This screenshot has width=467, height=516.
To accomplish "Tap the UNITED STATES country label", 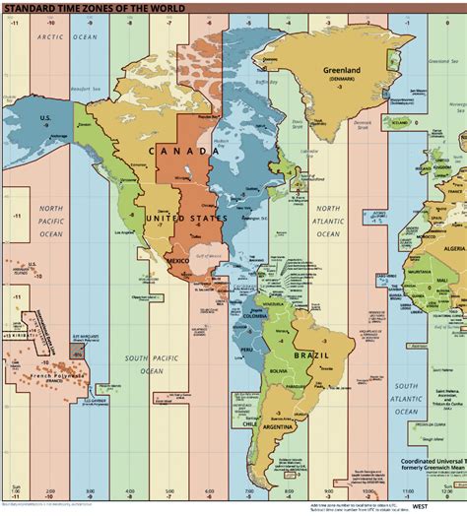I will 186,218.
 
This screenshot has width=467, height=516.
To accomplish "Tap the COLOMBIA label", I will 259,317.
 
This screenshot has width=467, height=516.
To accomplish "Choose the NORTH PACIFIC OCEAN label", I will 51,222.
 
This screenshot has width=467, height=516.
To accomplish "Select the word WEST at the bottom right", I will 421,507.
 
